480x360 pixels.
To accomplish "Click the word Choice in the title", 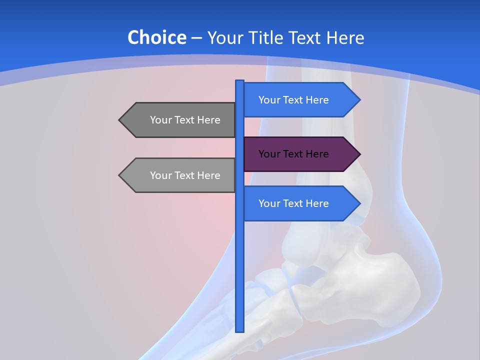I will [156, 37].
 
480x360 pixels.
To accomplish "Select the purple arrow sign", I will [300, 154].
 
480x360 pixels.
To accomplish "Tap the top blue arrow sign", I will [300, 100].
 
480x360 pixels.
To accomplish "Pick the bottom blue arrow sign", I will [300, 203].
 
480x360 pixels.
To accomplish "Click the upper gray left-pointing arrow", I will [178, 120].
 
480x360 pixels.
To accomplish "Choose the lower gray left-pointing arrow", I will [178, 175].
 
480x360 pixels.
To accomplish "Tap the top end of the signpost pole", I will [239, 82].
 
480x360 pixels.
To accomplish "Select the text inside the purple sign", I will [293, 154].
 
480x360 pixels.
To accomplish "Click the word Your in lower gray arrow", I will [160, 175].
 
